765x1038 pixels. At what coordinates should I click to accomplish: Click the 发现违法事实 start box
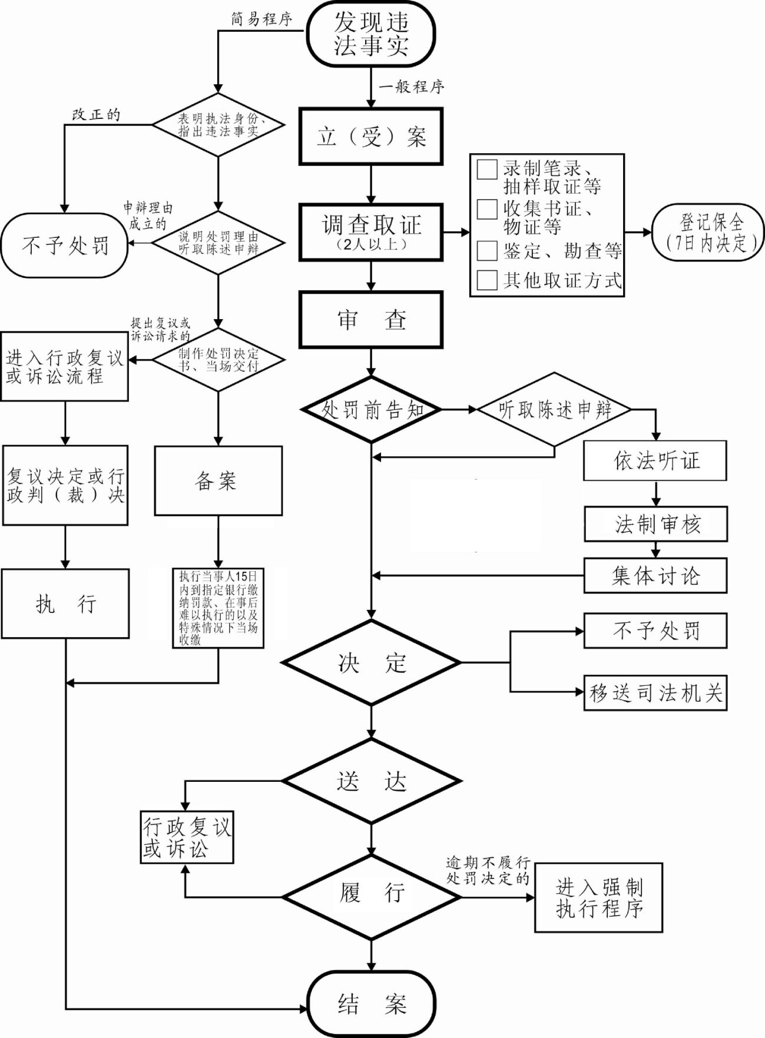[x=371, y=34]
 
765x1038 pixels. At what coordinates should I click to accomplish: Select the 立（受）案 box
[x=371, y=137]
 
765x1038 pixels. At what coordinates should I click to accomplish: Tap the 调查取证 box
[x=371, y=232]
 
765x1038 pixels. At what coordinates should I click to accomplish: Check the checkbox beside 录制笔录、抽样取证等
[x=487, y=169]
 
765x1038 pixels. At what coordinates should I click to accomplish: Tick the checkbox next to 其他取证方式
[x=487, y=280]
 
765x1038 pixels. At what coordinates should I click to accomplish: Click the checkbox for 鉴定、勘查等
[x=487, y=250]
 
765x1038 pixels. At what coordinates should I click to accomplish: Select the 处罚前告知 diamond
[x=371, y=409]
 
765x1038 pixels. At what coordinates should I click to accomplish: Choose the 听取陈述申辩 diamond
[x=554, y=409]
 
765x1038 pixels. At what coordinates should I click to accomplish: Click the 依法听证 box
[x=655, y=460]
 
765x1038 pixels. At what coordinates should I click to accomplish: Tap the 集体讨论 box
[x=655, y=575]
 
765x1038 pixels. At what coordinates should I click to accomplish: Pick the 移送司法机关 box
[x=655, y=693]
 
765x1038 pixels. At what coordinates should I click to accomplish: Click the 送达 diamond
[x=371, y=781]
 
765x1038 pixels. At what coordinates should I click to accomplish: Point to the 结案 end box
[x=371, y=1004]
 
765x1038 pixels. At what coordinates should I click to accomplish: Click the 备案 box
[x=218, y=481]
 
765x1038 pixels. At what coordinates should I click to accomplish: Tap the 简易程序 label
[x=261, y=19]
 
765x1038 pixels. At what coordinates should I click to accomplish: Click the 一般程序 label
[x=412, y=87]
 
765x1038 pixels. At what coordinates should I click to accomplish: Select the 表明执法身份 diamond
[x=218, y=125]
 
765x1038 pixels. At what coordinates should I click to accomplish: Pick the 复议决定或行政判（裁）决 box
[x=65, y=485]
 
